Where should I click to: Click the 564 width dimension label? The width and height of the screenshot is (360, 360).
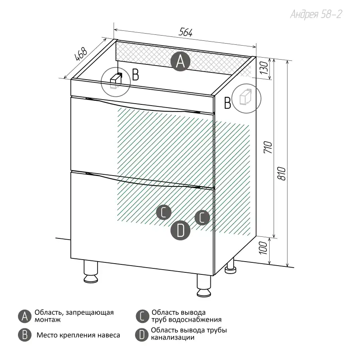coord(185,32)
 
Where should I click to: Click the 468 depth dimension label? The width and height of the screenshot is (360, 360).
coord(81,54)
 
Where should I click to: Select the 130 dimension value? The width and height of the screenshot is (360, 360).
coord(264,68)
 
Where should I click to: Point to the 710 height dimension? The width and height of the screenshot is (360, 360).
coord(268,147)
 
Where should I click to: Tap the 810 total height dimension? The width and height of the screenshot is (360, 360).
coord(282,174)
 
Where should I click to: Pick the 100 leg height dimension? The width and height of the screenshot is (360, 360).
coord(263,248)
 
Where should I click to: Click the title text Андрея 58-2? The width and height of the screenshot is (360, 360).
coord(316,14)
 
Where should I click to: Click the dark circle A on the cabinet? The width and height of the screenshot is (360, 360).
coord(180,61)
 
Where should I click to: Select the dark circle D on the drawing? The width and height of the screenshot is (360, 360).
coord(180,230)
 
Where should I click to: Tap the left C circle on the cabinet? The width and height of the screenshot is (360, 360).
coord(164,212)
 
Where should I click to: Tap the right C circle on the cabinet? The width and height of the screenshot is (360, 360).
coord(202,218)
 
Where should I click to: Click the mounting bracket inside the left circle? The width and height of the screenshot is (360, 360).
coord(116,81)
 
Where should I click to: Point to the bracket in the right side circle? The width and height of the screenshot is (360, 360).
coord(246,97)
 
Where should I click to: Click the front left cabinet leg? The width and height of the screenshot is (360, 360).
coord(91,271)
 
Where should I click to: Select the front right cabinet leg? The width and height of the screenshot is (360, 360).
coord(204,286)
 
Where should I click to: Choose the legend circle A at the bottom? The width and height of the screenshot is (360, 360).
coord(24,316)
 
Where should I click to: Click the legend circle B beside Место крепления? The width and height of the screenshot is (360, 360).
coord(24,335)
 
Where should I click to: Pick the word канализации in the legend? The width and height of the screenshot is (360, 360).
coord(173,338)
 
